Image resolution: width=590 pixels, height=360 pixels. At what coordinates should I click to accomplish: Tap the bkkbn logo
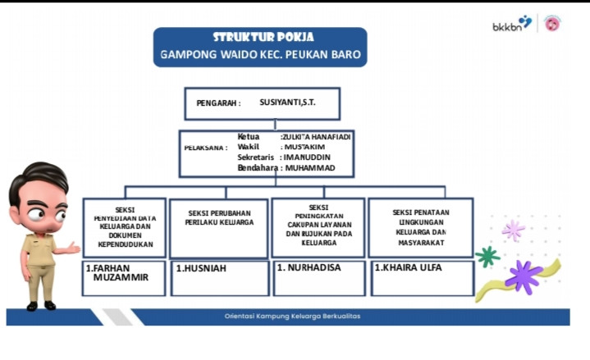(511, 25)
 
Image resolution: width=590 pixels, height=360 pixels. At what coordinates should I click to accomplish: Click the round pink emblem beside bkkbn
(552, 24)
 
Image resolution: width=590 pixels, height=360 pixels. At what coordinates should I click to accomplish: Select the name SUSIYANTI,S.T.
(287, 103)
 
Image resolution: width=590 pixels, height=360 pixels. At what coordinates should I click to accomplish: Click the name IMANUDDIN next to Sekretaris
(309, 157)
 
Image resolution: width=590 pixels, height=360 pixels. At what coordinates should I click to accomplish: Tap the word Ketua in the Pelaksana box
(249, 136)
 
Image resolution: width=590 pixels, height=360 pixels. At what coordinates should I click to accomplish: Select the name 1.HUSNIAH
(201, 268)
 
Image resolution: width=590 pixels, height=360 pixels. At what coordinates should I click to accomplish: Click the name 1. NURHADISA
(309, 267)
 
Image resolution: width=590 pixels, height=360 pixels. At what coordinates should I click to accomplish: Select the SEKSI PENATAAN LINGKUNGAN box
(420, 227)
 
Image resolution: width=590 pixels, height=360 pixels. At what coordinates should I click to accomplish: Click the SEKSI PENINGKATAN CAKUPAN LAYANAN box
(318, 226)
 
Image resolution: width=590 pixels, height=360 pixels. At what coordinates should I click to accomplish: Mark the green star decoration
(487, 257)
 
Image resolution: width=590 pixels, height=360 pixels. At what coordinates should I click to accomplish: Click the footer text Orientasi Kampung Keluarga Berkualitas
(292, 317)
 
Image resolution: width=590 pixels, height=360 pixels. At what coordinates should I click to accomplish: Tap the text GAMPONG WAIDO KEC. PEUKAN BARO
(260, 57)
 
